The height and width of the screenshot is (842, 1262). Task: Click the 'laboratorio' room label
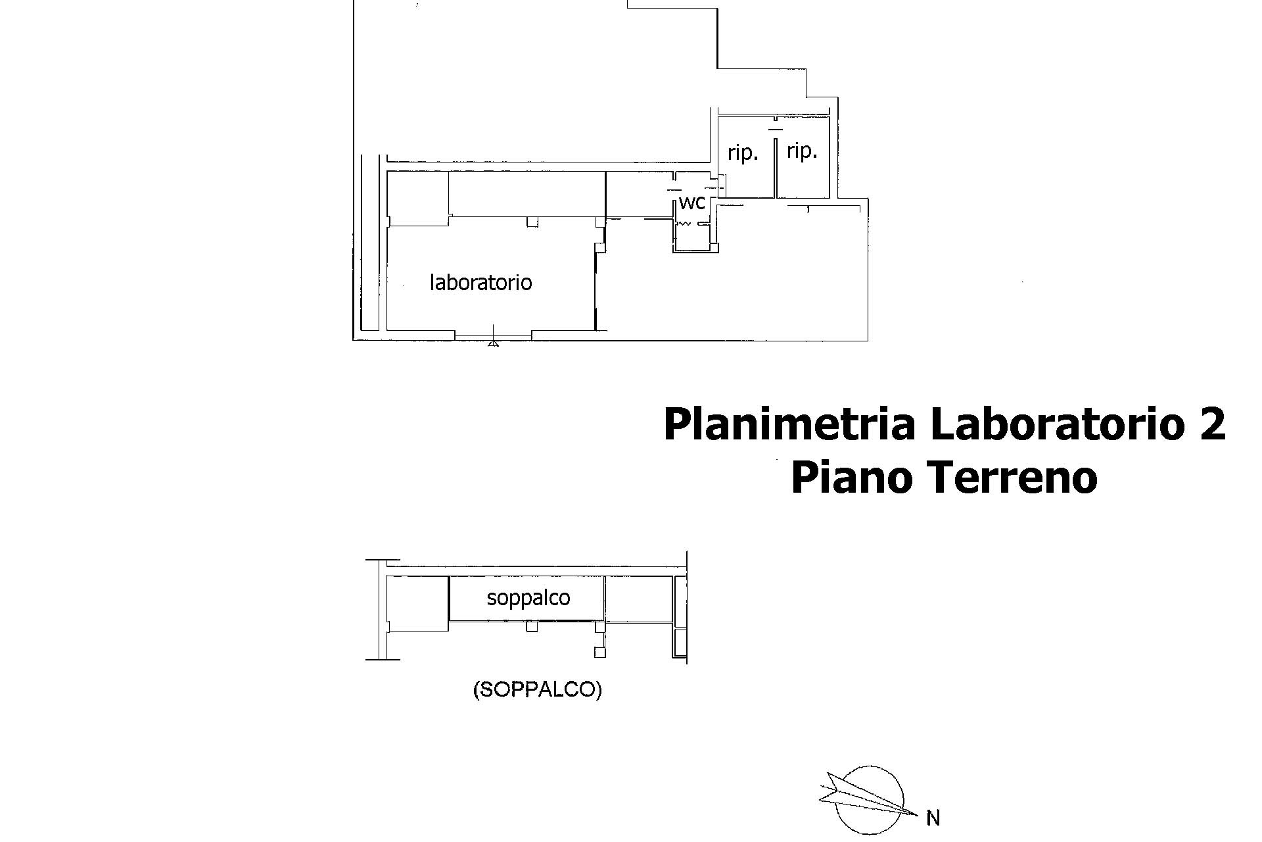[480, 282]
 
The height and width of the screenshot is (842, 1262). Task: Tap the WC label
[691, 203]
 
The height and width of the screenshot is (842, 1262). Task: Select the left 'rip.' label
[743, 154]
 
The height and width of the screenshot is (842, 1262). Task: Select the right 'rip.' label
[802, 151]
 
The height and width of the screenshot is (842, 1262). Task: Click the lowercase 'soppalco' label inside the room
[528, 598]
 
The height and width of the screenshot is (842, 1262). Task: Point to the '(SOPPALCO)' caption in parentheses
[537, 689]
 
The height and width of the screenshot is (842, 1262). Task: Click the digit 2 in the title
[1211, 425]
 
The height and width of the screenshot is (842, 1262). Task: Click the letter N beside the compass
[933, 818]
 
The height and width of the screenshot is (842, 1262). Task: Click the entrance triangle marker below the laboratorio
[493, 342]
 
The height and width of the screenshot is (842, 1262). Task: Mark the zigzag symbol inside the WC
[684, 224]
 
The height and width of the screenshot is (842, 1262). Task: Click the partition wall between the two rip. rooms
[776, 168]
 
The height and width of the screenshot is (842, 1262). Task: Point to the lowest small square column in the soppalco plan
[599, 652]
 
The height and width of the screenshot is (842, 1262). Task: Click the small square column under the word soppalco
[532, 627]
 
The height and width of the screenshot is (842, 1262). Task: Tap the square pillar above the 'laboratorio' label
[532, 222]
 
